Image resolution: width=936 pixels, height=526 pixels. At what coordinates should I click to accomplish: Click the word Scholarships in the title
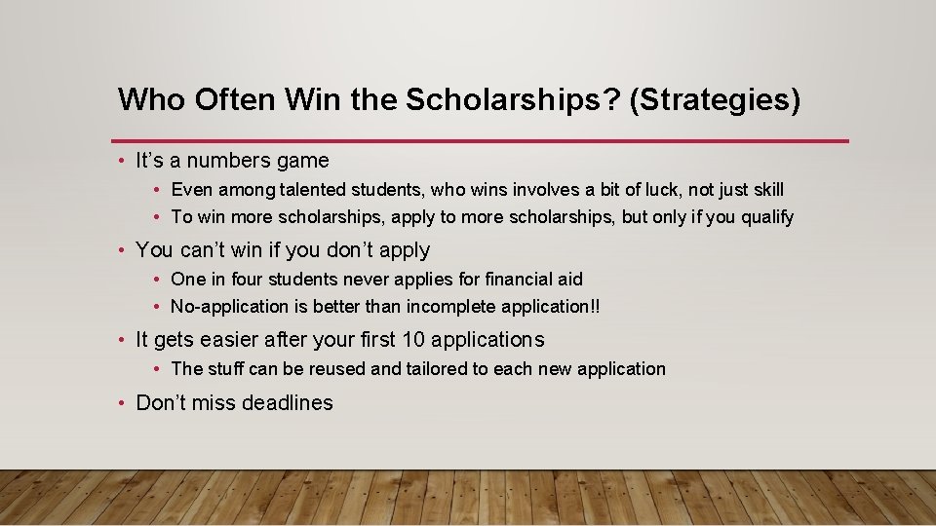click(x=513, y=99)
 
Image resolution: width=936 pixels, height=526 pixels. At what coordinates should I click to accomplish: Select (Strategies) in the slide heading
click(x=715, y=99)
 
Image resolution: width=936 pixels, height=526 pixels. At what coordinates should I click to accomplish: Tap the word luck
click(x=660, y=189)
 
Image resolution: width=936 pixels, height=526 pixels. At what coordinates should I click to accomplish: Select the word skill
click(x=763, y=189)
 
